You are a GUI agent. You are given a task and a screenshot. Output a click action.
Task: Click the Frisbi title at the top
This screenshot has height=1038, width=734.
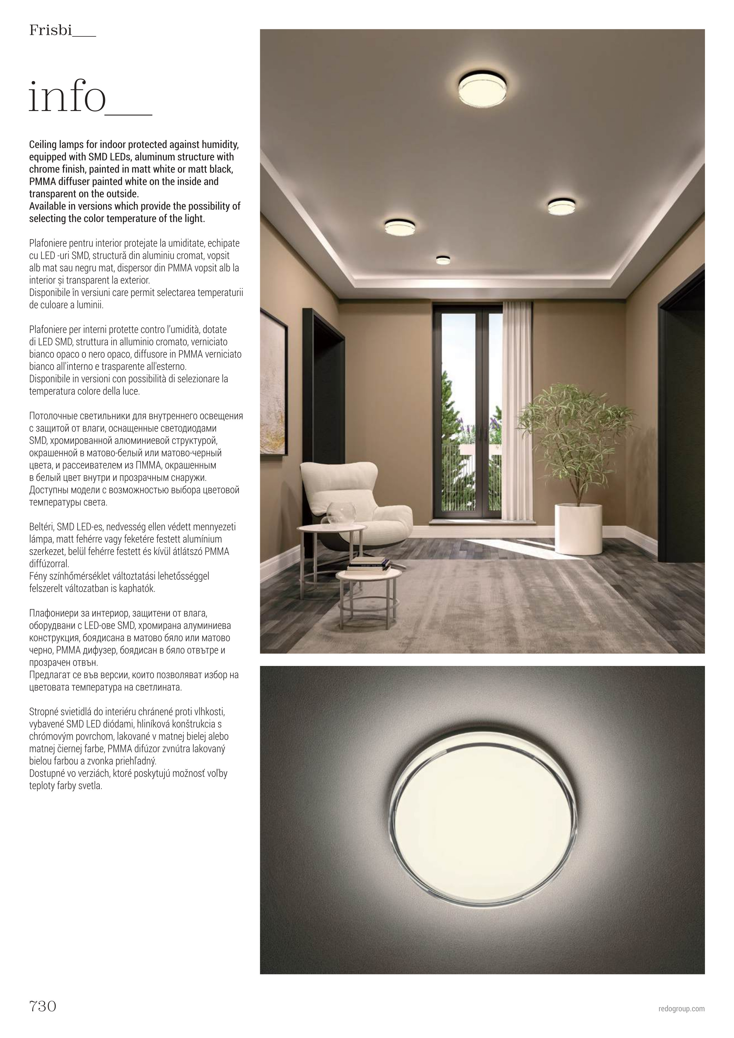[x=51, y=31]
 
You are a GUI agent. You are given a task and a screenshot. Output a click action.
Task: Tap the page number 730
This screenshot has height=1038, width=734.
[x=43, y=1006]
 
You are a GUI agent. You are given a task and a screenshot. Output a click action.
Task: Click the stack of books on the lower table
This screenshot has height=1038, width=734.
[x=368, y=564]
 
